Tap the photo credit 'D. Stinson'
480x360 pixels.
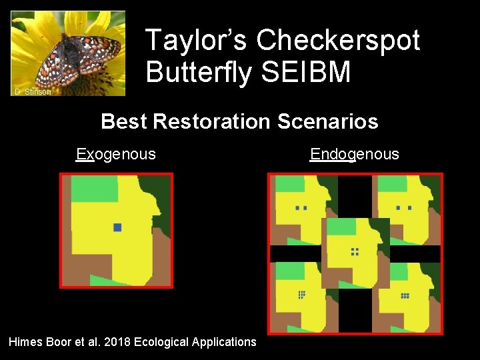[x=33, y=91]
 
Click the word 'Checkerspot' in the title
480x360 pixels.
[x=338, y=41]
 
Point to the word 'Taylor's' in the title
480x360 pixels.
[x=196, y=41]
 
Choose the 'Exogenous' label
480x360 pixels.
[x=116, y=155]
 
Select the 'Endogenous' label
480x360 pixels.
[x=355, y=155]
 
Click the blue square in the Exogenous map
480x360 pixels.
[x=117, y=227]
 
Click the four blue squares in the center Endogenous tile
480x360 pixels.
[x=355, y=251]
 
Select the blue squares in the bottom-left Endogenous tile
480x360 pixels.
[x=301, y=294]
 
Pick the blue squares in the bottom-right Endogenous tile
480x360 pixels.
[x=405, y=295]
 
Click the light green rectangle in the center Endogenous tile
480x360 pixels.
[x=341, y=227]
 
